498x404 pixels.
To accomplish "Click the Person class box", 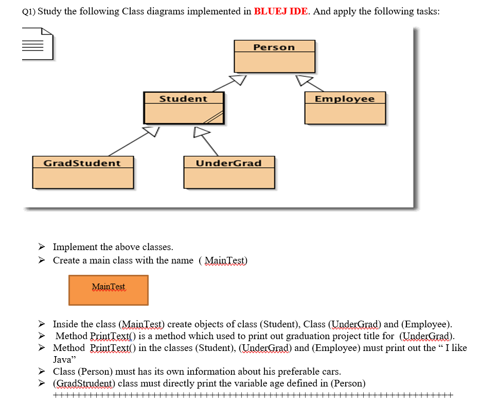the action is coord(274,57).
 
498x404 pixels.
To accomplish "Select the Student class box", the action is coord(184,108).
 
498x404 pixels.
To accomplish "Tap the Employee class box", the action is coord(345,108).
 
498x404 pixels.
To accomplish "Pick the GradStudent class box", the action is coord(82,172).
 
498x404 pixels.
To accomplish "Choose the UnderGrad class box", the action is coord(229,172).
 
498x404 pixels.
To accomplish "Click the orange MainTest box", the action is coord(109,290).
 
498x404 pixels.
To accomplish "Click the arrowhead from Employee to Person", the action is coord(304,80).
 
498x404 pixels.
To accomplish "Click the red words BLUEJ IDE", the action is coord(281,11).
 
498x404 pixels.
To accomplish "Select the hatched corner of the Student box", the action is coord(215,117).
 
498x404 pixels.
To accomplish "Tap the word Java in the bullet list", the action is coord(62,360).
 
